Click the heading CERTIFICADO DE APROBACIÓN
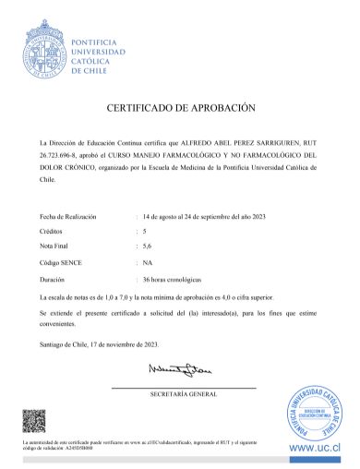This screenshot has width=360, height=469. coord(179,108)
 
